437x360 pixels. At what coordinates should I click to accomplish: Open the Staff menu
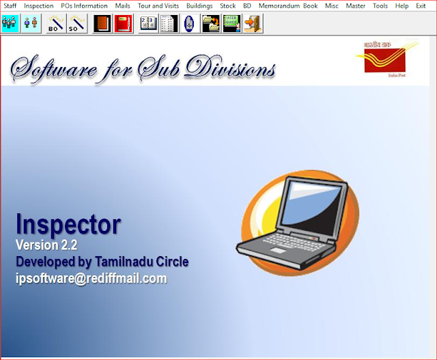click(x=10, y=5)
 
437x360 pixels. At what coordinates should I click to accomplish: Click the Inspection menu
click(x=38, y=5)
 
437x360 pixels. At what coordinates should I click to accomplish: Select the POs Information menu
click(x=84, y=5)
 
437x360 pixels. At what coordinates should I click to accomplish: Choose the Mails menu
click(x=123, y=5)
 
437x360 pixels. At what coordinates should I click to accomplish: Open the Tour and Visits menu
click(x=158, y=5)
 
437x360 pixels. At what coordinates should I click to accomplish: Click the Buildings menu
click(x=199, y=5)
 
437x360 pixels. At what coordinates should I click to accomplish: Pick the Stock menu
click(x=227, y=5)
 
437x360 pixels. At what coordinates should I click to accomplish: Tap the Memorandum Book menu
click(x=288, y=5)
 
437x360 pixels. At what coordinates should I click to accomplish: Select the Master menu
click(x=355, y=5)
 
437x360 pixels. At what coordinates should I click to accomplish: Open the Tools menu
click(x=380, y=5)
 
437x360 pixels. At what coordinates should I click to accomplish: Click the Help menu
click(x=402, y=5)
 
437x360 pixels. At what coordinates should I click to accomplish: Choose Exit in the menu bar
click(x=421, y=5)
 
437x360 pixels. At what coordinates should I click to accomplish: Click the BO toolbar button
click(x=56, y=24)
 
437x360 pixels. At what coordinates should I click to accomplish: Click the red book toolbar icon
click(x=124, y=24)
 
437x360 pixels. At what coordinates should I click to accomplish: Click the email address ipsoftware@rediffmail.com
click(x=91, y=279)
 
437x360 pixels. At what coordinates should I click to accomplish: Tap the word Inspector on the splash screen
click(x=68, y=224)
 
